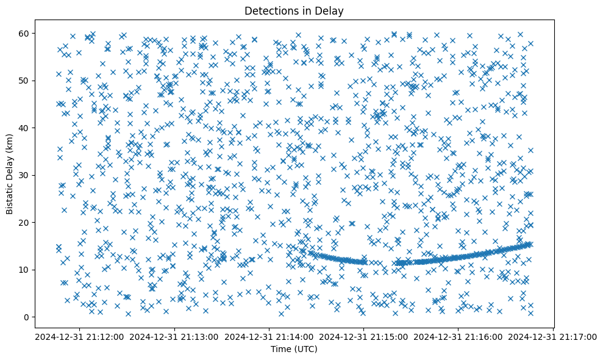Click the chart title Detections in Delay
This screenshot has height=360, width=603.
[x=294, y=10]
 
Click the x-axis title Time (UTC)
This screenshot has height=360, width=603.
[x=294, y=349]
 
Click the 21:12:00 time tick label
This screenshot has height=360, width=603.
[x=80, y=336]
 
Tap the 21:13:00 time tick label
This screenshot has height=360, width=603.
[x=174, y=336]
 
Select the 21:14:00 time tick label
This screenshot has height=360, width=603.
[x=269, y=336]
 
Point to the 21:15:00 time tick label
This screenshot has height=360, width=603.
[x=364, y=336]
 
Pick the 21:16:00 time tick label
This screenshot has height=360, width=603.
[x=458, y=336]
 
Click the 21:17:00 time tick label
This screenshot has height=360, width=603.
[x=553, y=336]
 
